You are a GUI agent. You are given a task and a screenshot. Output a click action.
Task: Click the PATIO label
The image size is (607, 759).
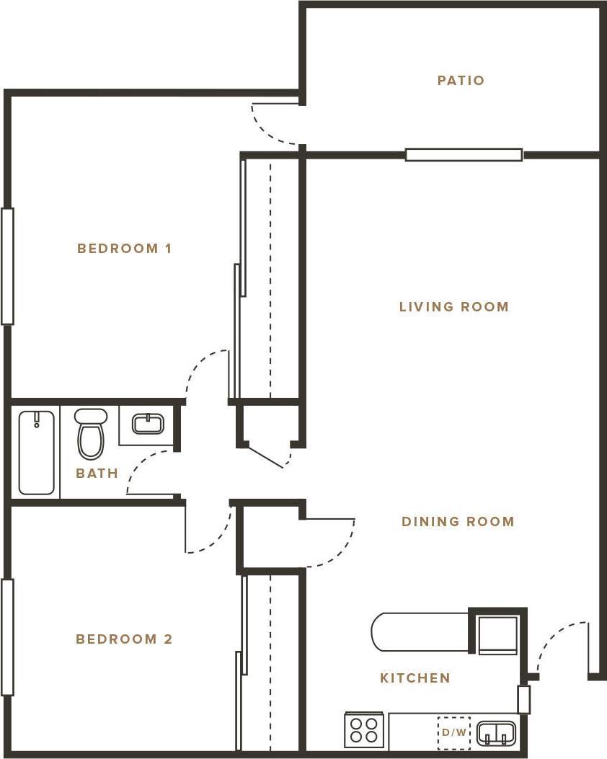click(461, 81)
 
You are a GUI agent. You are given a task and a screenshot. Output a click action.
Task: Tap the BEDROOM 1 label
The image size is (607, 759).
click(124, 249)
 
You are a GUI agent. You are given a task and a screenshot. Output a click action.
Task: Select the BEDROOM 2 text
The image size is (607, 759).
click(124, 639)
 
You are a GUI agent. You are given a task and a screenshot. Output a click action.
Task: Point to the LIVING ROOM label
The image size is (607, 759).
click(453, 307)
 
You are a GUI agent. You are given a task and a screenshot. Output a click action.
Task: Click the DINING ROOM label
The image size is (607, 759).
click(458, 522)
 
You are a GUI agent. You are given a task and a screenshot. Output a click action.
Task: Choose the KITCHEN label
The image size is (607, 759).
click(415, 678)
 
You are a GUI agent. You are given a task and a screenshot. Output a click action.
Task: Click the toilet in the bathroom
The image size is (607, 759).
click(91, 434)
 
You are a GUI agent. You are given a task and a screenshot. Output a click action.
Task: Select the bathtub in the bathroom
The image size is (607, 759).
click(36, 452)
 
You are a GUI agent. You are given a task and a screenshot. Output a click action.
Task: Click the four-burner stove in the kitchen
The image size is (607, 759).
click(364, 729)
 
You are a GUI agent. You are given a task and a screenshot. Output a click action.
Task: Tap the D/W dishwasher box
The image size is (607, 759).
click(453, 733)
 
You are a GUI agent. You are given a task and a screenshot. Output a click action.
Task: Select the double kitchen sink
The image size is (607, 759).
click(496, 732)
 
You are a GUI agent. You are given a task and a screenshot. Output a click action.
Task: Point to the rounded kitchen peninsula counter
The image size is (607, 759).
click(418, 632)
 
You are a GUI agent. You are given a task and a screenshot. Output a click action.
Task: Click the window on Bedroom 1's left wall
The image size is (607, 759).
click(7, 266)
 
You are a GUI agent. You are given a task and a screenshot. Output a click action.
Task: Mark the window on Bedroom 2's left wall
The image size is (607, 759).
click(7, 637)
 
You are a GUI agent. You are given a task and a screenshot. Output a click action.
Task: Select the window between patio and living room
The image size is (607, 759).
click(464, 154)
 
